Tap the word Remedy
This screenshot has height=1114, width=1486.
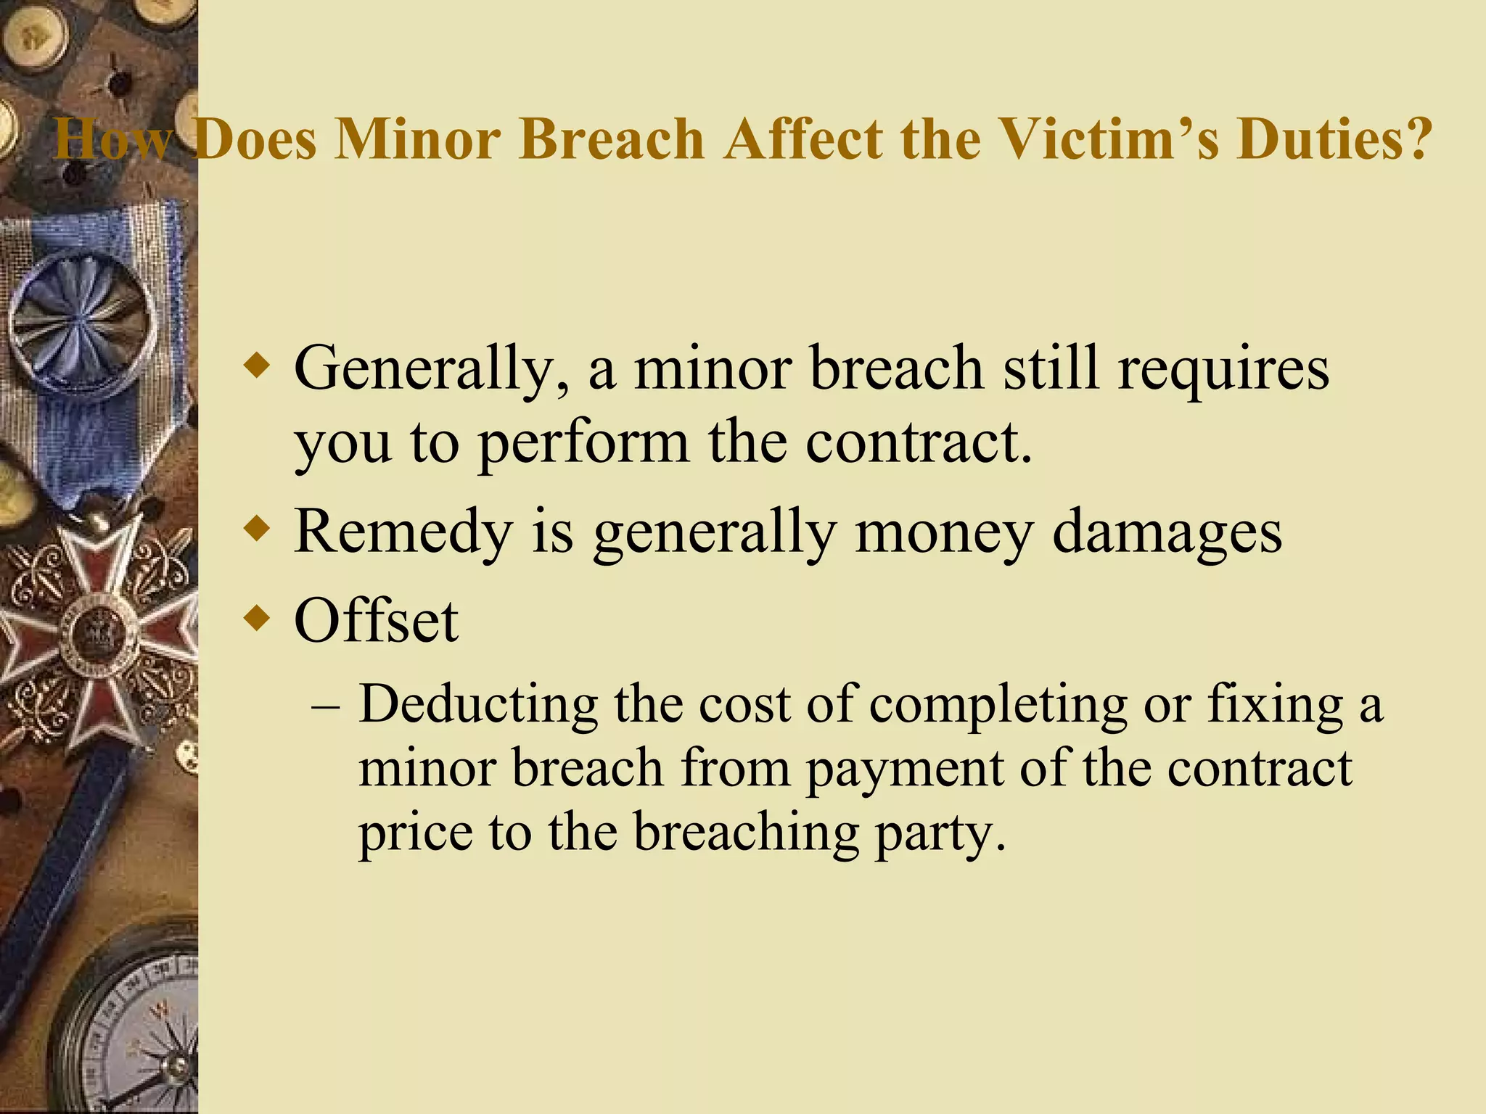pyautogui.click(x=403, y=533)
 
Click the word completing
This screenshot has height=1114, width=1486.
pyautogui.click(x=998, y=707)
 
